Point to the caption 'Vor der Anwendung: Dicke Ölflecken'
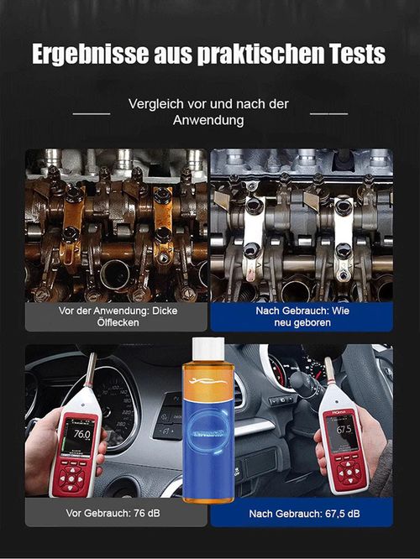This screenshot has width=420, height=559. click(x=116, y=316)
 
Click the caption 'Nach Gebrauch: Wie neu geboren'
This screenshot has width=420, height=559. click(x=301, y=316)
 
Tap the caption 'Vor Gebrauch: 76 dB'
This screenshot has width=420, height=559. click(x=116, y=512)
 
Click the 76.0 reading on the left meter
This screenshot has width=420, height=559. click(x=79, y=436)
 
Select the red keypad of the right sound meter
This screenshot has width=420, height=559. click(x=344, y=475)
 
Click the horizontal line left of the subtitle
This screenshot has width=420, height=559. click(x=92, y=112)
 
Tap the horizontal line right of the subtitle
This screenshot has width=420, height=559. click(x=328, y=112)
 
